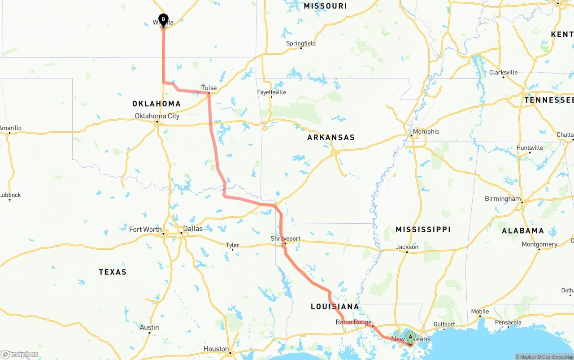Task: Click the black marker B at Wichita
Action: pos(164,20)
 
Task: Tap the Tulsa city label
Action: pos(209,88)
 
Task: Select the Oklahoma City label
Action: pos(157,116)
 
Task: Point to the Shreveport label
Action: pos(285,239)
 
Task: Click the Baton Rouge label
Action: pos(353,322)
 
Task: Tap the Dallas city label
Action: pos(193,229)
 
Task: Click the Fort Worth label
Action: pos(145,230)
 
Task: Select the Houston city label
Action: pos(216,349)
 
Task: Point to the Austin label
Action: pos(149,327)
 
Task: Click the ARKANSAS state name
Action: pos(331,138)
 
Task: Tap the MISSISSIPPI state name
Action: pos(423,230)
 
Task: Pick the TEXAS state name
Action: pos(113,272)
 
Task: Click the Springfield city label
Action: pos(301,43)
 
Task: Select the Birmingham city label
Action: pos(503,199)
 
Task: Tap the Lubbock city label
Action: pos(10,195)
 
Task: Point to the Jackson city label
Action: pos(407,247)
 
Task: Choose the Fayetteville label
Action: pos(271,92)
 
